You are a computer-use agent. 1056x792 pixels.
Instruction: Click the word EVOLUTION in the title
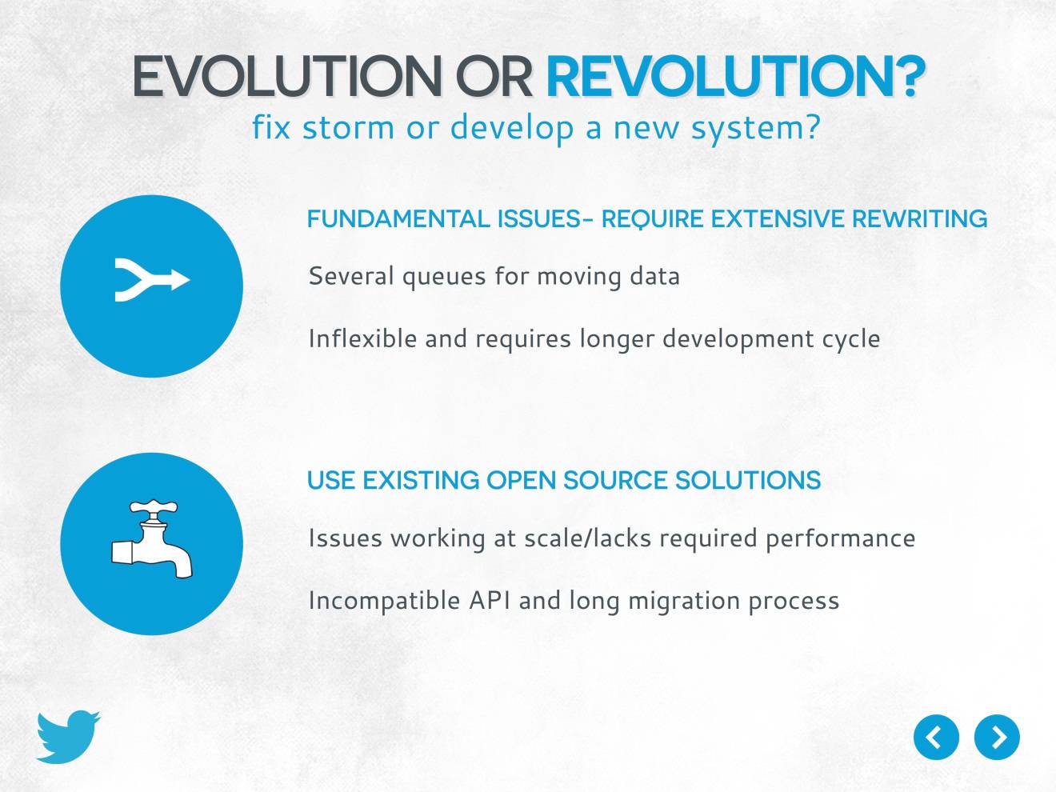point(286,77)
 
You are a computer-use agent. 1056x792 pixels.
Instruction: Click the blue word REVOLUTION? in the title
point(735,77)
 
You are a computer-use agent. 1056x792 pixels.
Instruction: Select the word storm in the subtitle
point(348,128)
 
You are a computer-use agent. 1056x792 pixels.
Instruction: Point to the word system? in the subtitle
point(756,129)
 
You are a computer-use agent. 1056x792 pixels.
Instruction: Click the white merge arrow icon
point(152,280)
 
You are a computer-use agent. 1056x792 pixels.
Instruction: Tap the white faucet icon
point(152,538)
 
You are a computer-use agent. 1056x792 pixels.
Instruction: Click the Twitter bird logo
point(68,736)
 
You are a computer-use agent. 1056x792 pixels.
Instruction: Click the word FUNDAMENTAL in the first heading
point(398,219)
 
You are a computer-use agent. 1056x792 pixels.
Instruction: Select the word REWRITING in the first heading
point(919,219)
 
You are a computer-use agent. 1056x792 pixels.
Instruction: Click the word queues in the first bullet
point(443,278)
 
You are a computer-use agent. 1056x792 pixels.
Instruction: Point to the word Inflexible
point(362,338)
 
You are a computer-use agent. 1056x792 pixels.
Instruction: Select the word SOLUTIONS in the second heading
point(748,480)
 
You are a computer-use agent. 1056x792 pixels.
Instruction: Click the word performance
point(841,539)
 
